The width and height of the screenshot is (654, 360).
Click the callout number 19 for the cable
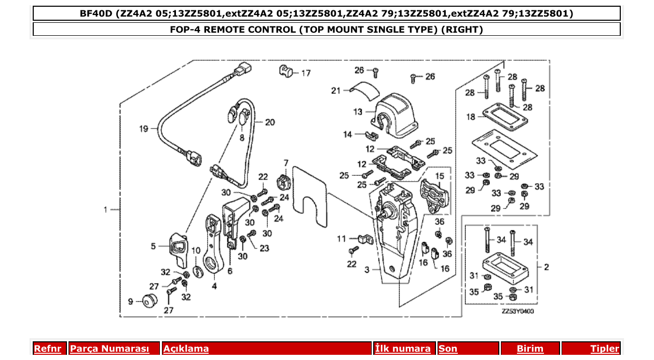pyautogui.click(x=143, y=128)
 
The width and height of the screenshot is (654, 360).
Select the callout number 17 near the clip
pyautogui.click(x=306, y=73)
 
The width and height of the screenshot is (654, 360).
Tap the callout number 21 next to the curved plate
pyautogui.click(x=335, y=91)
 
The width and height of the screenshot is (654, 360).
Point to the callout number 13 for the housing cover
pyautogui.click(x=358, y=112)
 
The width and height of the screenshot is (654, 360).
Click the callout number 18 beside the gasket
pyautogui.click(x=470, y=117)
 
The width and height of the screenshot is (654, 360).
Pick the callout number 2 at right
pyautogui.click(x=546, y=267)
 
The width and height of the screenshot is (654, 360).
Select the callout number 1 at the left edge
pyautogui.click(x=105, y=210)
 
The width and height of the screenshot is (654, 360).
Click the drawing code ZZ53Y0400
pyautogui.click(x=517, y=311)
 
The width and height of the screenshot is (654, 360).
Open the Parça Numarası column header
pyautogui.click(x=110, y=349)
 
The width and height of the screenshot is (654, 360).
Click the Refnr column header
pyautogui.click(x=48, y=349)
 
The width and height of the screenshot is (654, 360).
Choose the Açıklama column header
pyautogui.click(x=186, y=349)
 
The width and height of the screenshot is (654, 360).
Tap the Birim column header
pyautogui.click(x=530, y=349)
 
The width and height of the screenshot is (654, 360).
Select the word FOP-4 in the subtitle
pyautogui.click(x=185, y=30)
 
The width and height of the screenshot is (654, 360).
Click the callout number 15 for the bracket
pyautogui.click(x=439, y=175)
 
